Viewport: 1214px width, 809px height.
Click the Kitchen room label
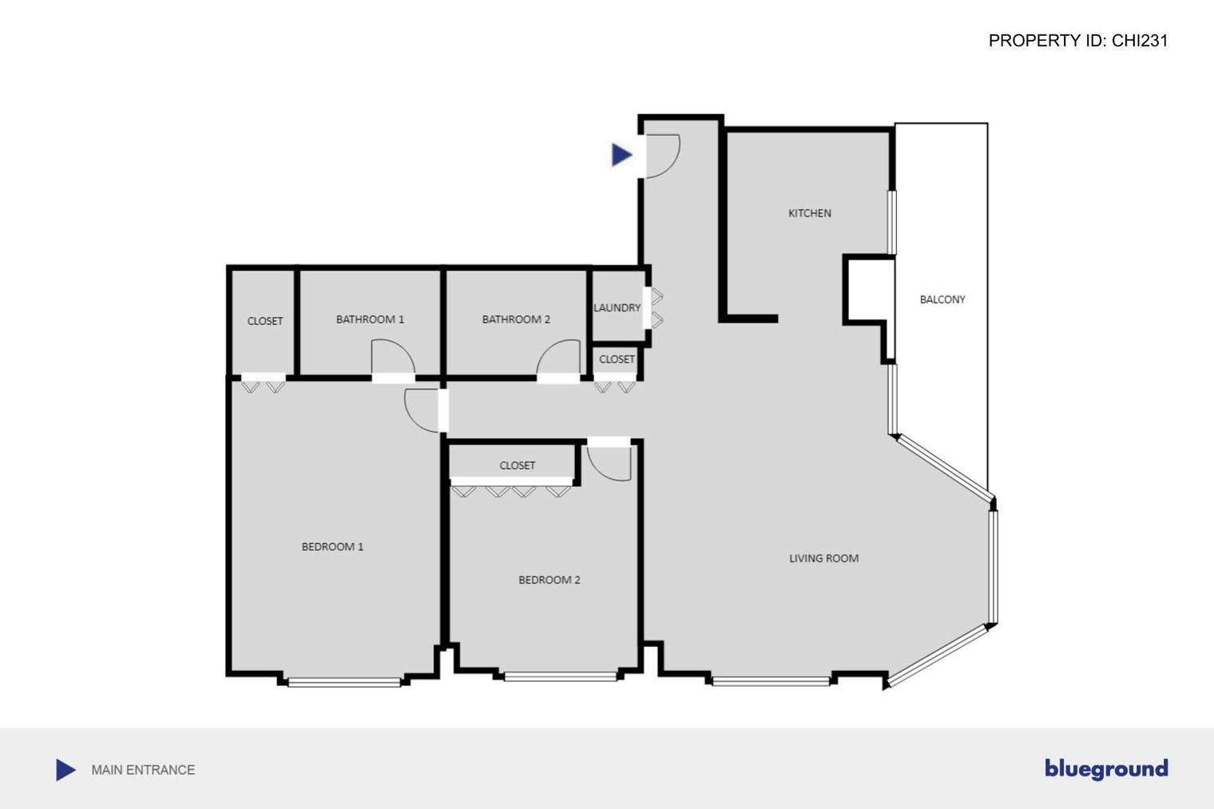coord(809,213)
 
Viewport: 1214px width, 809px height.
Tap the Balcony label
coord(942,299)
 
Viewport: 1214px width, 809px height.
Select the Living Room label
coord(823,558)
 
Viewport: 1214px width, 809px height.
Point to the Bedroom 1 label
coord(332,547)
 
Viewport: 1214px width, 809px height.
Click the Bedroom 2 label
coord(549,580)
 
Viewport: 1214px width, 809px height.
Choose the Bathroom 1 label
coord(370,319)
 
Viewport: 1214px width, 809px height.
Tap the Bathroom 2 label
coord(516,319)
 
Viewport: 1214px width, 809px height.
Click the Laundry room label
coord(617,307)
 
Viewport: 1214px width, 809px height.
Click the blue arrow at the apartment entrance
coord(621,154)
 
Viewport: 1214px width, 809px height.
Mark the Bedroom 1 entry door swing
coord(422,409)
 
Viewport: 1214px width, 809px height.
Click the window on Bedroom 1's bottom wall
coord(344,682)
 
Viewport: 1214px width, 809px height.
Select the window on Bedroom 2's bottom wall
coord(560,677)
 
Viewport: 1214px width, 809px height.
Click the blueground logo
coord(1105,769)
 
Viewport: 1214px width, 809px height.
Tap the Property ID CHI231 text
coord(1077,41)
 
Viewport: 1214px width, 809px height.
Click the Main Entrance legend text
coord(143,770)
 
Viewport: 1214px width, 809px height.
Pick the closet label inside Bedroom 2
coord(517,466)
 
